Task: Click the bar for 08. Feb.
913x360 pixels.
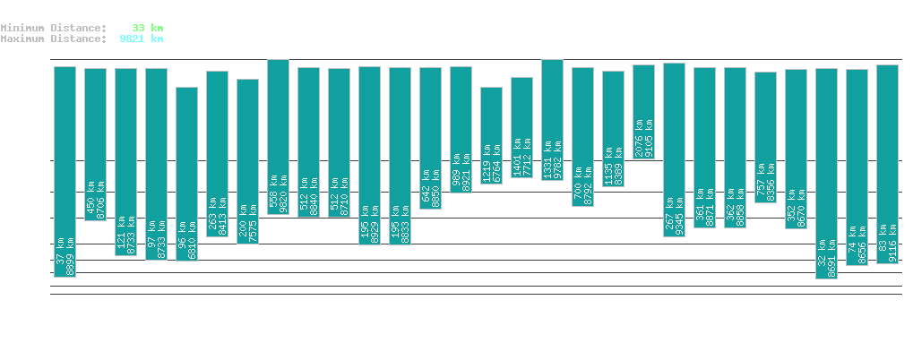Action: click(65, 170)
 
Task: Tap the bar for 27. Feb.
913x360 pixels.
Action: click(643, 111)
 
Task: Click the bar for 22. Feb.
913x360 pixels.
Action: click(491, 134)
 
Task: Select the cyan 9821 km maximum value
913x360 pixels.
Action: click(141, 39)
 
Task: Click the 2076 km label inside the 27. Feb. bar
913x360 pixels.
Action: click(638, 138)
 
